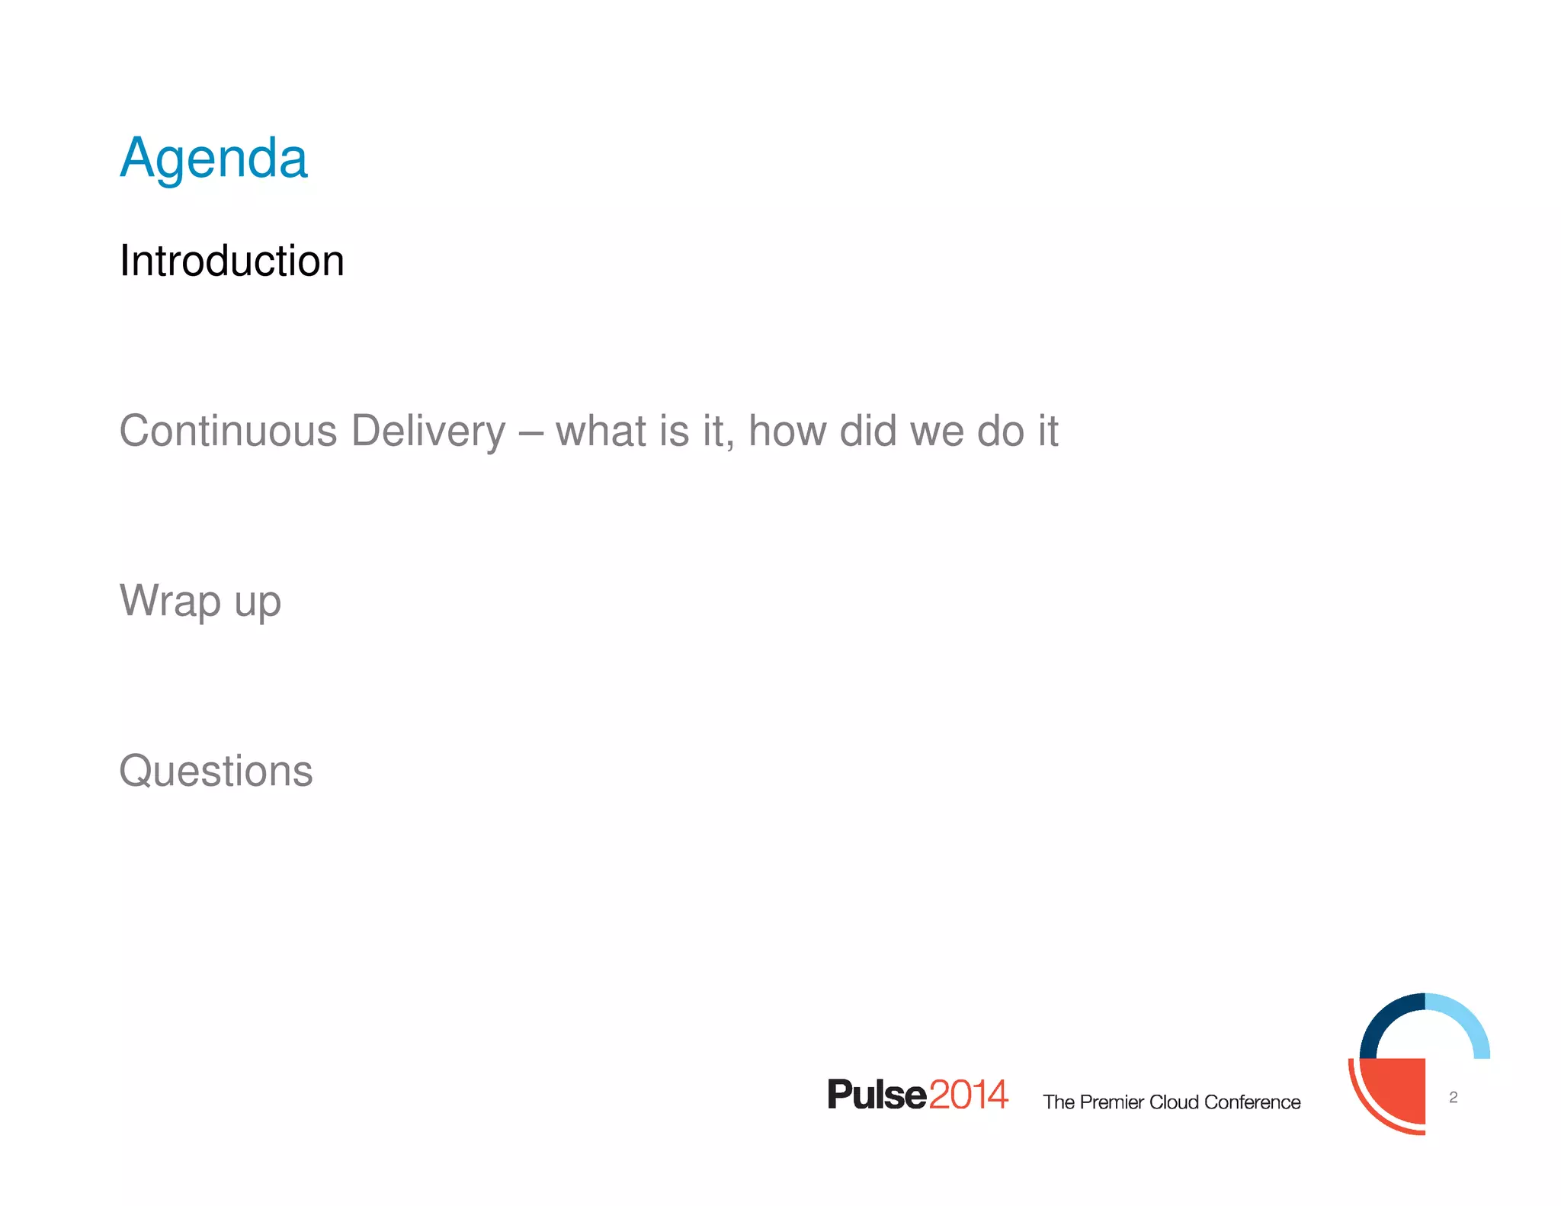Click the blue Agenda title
pos(213,159)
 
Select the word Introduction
pos(232,261)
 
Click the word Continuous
pos(228,431)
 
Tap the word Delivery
pos(428,431)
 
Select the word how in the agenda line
pos(787,431)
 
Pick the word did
pos(867,431)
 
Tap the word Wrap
pos(170,601)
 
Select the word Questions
pos(216,771)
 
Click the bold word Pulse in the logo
pos(877,1095)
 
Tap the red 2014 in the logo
pos(968,1095)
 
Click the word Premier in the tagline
pos(1112,1102)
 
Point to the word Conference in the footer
pos(1252,1102)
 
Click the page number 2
pos(1454,1098)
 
